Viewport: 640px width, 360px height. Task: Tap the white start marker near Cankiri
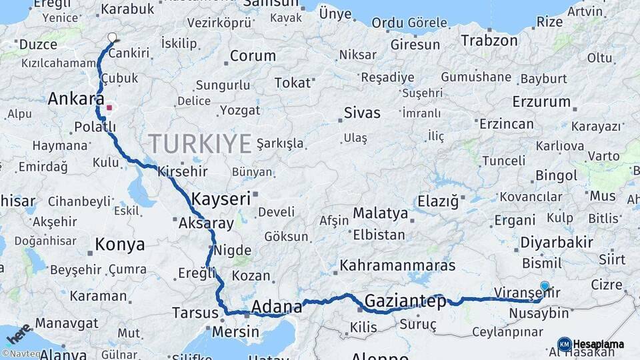[112, 38]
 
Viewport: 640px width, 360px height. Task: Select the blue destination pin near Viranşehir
[545, 287]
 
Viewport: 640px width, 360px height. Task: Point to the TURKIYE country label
[200, 143]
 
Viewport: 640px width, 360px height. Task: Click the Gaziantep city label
[405, 301]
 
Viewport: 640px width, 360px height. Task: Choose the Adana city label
[276, 307]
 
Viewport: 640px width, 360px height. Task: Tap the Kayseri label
[221, 199]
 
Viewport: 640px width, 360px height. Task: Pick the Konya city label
[120, 244]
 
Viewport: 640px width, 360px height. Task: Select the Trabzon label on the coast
[489, 41]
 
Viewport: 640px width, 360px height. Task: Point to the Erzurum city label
[542, 102]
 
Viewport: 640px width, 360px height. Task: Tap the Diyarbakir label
[557, 242]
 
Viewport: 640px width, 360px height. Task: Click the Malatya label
[380, 213]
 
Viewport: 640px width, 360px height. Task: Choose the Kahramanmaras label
[393, 265]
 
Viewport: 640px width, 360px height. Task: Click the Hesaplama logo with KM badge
[591, 344]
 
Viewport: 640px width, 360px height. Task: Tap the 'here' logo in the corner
[18, 332]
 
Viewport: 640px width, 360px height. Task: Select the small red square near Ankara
[109, 107]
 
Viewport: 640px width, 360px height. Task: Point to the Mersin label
[236, 331]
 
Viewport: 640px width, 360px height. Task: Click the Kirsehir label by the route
[183, 171]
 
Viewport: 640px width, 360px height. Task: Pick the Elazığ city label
[438, 201]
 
